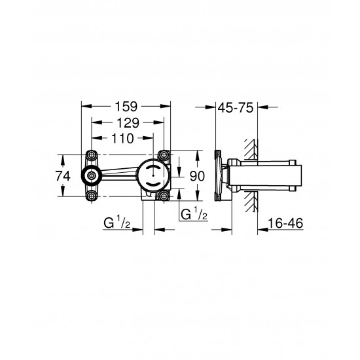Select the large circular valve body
point(152,175)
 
